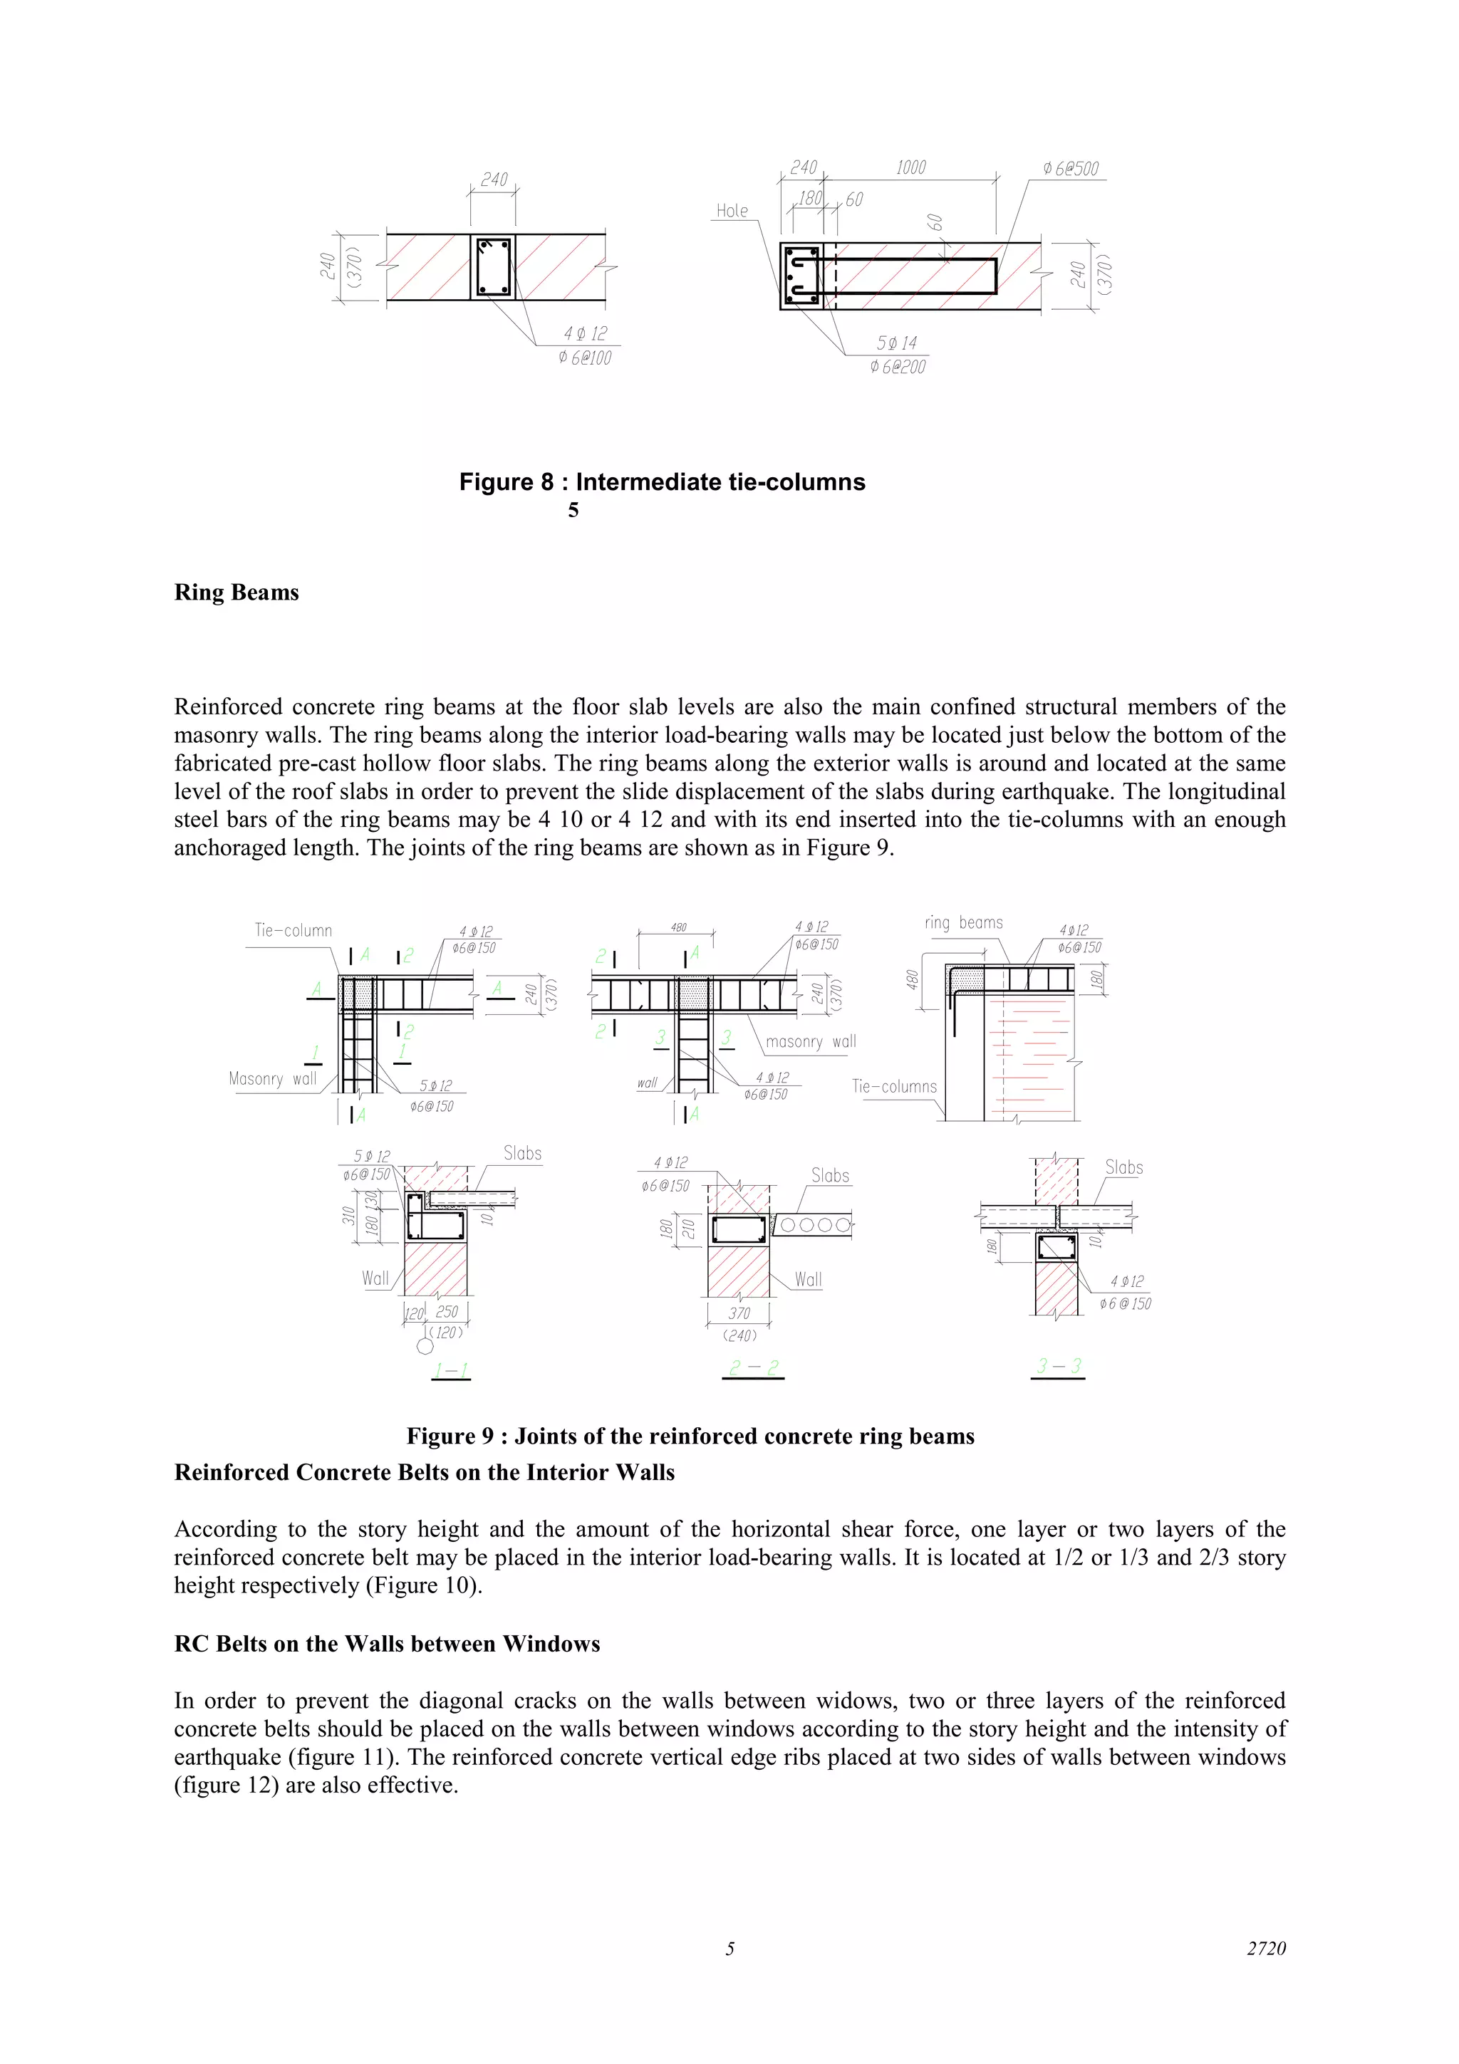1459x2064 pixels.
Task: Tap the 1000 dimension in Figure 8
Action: pyautogui.click(x=910, y=168)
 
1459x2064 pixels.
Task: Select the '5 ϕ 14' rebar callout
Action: pyautogui.click(x=896, y=343)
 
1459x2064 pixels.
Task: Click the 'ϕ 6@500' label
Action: pyautogui.click(x=1071, y=169)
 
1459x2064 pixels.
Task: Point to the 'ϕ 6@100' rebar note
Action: pyautogui.click(x=584, y=358)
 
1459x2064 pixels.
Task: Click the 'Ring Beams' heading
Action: pyautogui.click(x=237, y=593)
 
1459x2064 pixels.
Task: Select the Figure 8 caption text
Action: pyautogui.click(x=662, y=482)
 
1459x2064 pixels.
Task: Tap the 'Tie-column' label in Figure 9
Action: pyautogui.click(x=293, y=930)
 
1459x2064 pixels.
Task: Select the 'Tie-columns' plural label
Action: pyautogui.click(x=895, y=1086)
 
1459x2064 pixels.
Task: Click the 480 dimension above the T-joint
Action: pyautogui.click(x=677, y=928)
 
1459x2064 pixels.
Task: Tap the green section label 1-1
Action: pyautogui.click(x=450, y=1371)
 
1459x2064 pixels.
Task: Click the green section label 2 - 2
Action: pyautogui.click(x=753, y=1368)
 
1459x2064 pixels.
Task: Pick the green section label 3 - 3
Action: pyautogui.click(x=1058, y=1367)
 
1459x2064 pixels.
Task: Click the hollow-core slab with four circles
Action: pyautogui.click(x=811, y=1224)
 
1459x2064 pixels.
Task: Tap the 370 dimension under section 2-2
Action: pyautogui.click(x=738, y=1313)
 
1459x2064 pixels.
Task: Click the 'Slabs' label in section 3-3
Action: pyautogui.click(x=1123, y=1168)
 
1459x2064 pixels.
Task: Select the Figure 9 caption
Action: pyautogui.click(x=690, y=1436)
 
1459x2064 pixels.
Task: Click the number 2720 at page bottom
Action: pyautogui.click(x=1266, y=1948)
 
